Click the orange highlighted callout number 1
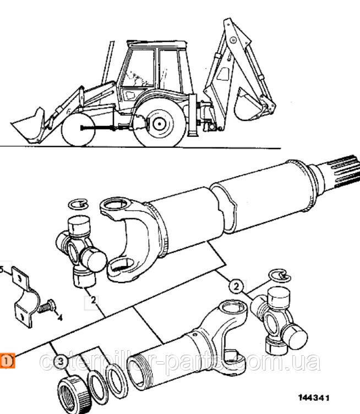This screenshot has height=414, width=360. tap(7, 361)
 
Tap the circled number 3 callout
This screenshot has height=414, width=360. tap(61, 361)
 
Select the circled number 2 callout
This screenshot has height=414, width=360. tap(236, 286)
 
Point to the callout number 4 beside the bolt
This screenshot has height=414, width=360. tap(60, 318)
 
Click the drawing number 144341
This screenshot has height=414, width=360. tap(314, 398)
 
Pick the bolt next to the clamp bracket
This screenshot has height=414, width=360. tap(47, 307)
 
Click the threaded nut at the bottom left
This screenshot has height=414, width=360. tap(75, 393)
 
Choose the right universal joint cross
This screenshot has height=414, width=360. tap(279, 321)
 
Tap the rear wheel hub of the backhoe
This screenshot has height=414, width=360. tap(160, 124)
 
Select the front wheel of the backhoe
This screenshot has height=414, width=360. tap(78, 130)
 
